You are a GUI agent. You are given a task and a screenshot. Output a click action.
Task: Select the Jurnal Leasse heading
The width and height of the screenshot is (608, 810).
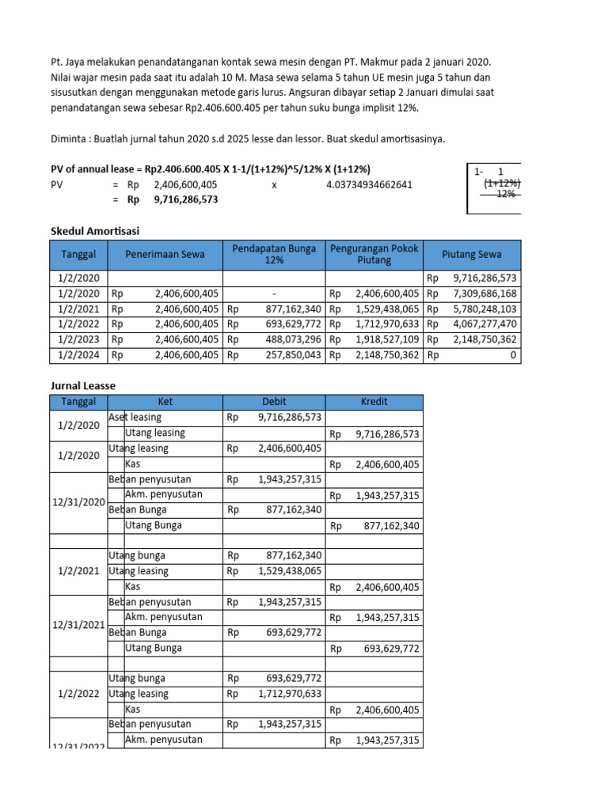(x=83, y=385)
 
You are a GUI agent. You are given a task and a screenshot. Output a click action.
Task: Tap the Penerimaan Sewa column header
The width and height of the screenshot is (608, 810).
(x=165, y=255)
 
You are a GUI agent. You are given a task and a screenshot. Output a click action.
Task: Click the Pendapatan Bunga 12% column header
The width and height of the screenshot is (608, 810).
(x=274, y=255)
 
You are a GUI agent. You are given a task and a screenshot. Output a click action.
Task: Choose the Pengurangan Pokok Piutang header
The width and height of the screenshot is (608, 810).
(x=374, y=255)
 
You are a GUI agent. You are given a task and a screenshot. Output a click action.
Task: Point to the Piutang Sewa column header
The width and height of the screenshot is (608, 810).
(x=473, y=255)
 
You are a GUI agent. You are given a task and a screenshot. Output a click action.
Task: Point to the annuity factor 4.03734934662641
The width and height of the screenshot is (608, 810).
(x=369, y=184)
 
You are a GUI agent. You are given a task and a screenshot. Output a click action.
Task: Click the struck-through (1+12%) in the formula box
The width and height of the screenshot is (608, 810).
(x=502, y=183)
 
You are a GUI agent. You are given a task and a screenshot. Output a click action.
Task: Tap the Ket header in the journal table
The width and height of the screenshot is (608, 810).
(x=165, y=402)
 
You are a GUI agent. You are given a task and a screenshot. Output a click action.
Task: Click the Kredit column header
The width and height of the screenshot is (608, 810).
(x=374, y=402)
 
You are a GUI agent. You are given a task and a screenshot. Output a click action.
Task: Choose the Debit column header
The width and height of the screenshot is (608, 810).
(x=274, y=402)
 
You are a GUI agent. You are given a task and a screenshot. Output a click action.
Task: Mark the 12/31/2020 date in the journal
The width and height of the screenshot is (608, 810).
(x=78, y=502)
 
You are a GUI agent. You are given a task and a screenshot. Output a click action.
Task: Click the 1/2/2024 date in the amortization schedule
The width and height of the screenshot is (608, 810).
(x=78, y=355)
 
